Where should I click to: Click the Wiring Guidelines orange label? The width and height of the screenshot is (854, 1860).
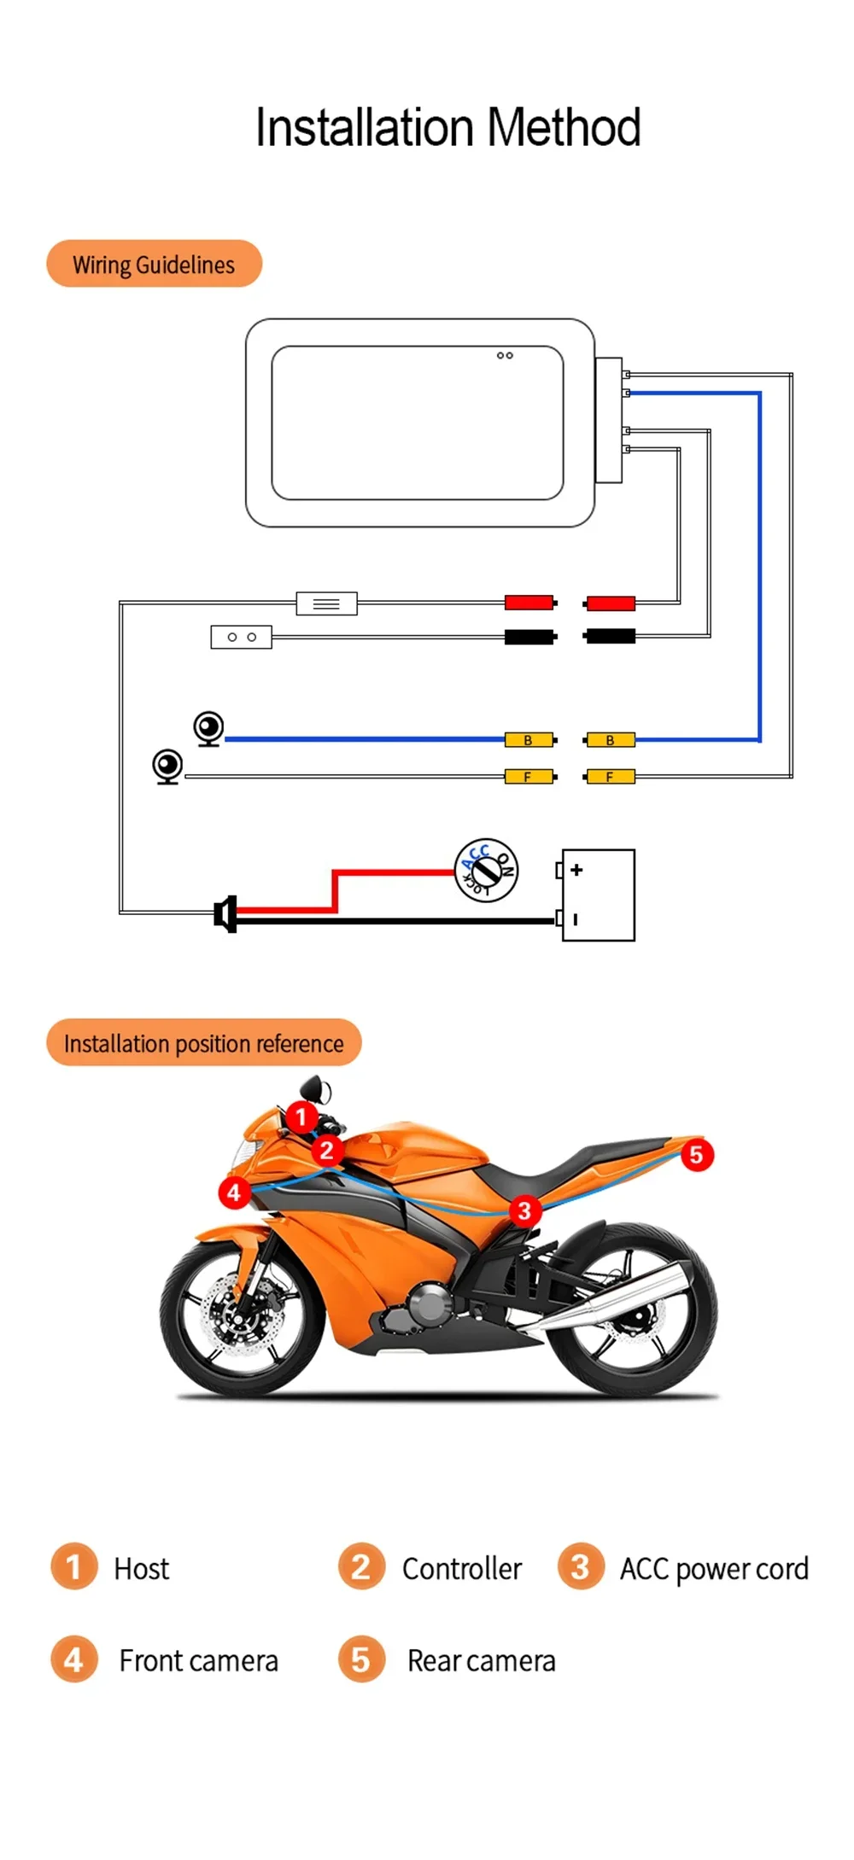tap(154, 264)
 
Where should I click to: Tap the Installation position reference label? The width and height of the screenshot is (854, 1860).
tap(203, 1042)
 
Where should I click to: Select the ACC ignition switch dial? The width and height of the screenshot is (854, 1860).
tap(486, 870)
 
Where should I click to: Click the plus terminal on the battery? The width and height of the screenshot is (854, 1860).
tap(576, 870)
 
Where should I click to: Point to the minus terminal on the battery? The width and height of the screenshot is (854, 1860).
tap(576, 919)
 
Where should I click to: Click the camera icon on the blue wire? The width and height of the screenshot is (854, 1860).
tap(208, 729)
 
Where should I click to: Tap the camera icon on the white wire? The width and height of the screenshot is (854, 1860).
tap(167, 766)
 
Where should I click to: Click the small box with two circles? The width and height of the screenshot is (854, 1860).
tap(241, 637)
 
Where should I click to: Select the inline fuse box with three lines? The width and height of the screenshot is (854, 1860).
tap(326, 603)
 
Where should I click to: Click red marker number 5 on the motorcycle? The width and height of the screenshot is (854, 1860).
tap(696, 1155)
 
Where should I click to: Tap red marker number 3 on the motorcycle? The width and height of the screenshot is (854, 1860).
tap(524, 1210)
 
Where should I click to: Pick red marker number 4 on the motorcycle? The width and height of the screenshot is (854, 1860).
tap(234, 1192)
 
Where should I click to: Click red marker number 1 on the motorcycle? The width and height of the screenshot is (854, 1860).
tap(301, 1117)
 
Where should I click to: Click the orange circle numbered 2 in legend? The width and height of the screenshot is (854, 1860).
tap(361, 1566)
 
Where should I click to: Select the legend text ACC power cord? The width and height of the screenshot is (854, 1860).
tap(713, 1569)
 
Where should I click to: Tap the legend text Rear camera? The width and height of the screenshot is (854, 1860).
tap(481, 1660)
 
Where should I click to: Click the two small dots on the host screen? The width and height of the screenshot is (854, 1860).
tap(505, 355)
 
